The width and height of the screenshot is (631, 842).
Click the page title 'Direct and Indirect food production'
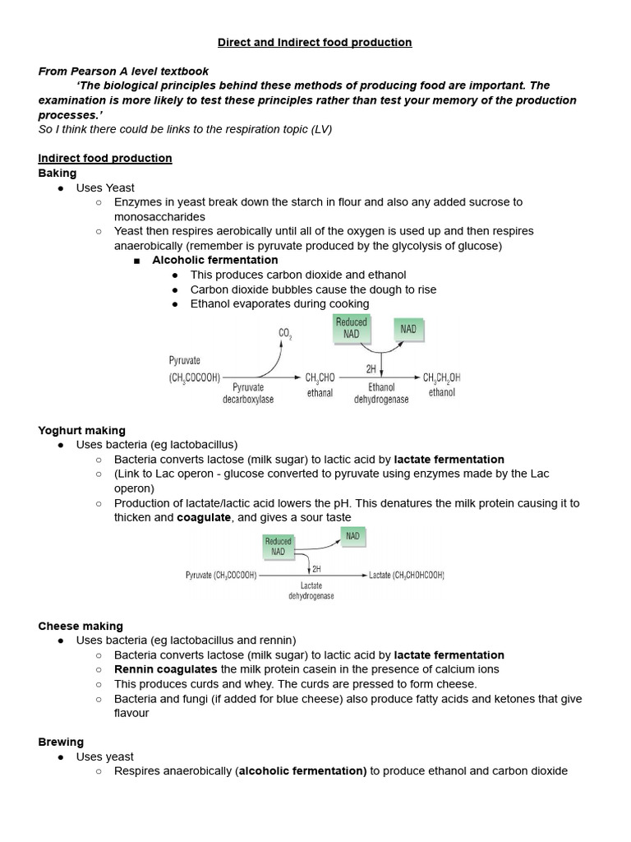(x=315, y=42)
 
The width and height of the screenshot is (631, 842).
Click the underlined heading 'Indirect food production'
(x=105, y=158)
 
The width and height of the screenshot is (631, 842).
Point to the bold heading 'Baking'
(x=58, y=173)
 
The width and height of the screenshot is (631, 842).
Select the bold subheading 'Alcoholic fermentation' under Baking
(x=215, y=260)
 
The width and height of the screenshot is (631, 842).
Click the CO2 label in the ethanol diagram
(x=286, y=333)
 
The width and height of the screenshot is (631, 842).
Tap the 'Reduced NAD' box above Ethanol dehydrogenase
(x=351, y=328)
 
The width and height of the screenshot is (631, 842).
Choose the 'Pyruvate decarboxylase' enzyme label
(x=247, y=392)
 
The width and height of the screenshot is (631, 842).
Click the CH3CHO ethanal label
(x=320, y=384)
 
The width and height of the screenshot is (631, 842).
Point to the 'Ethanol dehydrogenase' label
(x=381, y=392)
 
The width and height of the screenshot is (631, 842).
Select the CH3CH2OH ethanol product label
(x=441, y=384)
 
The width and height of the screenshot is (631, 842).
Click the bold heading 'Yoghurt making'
(x=82, y=430)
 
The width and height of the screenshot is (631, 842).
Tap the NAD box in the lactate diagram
(x=352, y=536)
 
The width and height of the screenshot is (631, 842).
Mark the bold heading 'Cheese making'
(x=81, y=626)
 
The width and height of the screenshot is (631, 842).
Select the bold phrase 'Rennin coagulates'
(x=166, y=669)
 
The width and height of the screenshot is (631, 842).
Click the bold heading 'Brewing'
(x=61, y=742)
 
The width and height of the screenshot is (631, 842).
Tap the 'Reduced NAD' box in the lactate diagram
(x=278, y=546)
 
